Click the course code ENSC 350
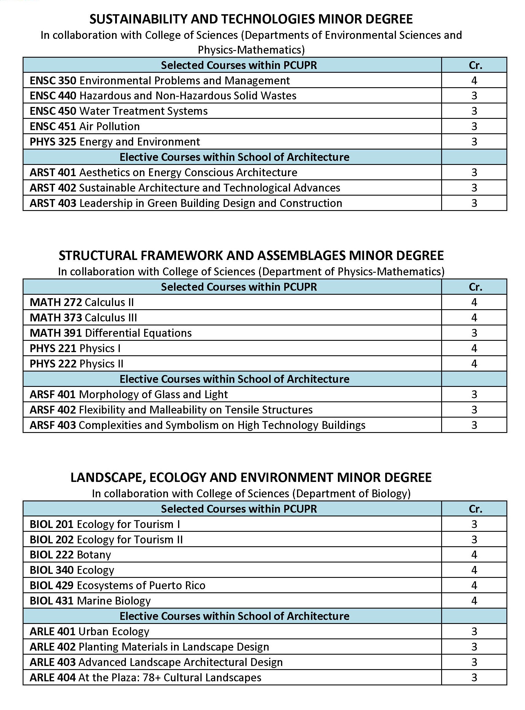pos(53,81)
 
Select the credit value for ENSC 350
pos(474,81)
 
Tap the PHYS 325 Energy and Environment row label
pos(115,142)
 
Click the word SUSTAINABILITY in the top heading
pos(138,19)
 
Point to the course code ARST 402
pos(53,188)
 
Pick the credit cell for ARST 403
pos(474,203)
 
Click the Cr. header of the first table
pos(475,65)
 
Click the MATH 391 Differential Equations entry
pos(111,333)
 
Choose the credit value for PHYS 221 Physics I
pos(474,349)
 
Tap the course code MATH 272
pos(56,303)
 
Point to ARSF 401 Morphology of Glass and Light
pos(129,395)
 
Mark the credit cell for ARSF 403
pos(474,425)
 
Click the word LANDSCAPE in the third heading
pos(106,478)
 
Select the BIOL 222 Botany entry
pos(70,555)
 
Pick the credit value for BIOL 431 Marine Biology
pos(474,601)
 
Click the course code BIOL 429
pos(51,585)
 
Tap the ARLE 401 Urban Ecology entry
pos(89,632)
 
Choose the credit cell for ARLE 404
pos(474,678)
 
